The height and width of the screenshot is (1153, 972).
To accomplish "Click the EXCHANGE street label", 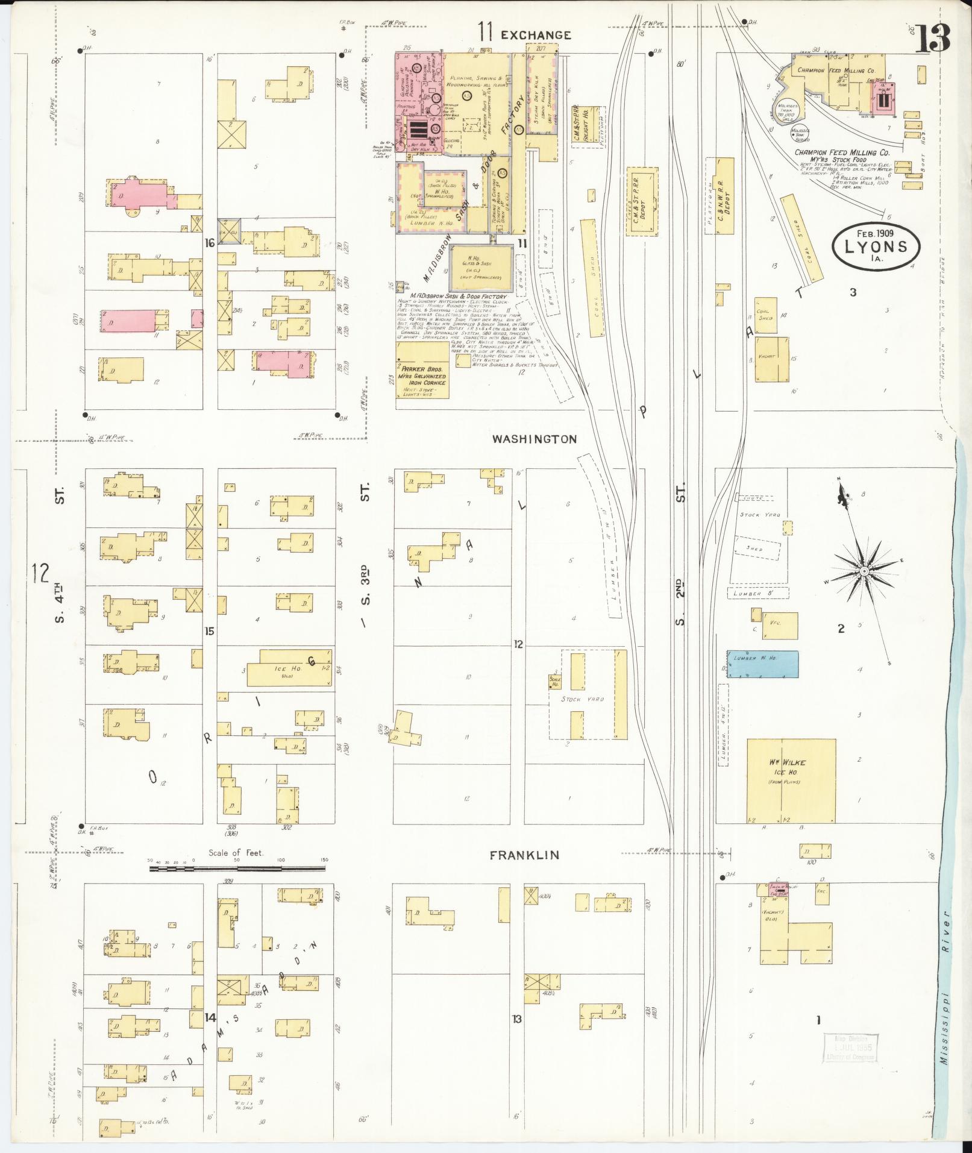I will (x=536, y=35).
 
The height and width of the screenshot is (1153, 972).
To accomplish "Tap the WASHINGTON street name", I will (x=534, y=439).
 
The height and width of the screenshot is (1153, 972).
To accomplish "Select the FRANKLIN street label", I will (x=524, y=855).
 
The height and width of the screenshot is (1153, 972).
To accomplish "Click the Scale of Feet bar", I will (x=237, y=869).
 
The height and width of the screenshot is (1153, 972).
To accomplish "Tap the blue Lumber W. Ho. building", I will (x=762, y=664).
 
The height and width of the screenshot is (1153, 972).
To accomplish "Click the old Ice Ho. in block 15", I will (x=289, y=667).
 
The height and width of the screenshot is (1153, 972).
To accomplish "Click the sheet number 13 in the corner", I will (x=934, y=37).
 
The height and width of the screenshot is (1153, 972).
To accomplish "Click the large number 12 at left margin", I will (x=40, y=573).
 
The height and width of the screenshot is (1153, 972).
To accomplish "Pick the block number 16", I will (x=210, y=243).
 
